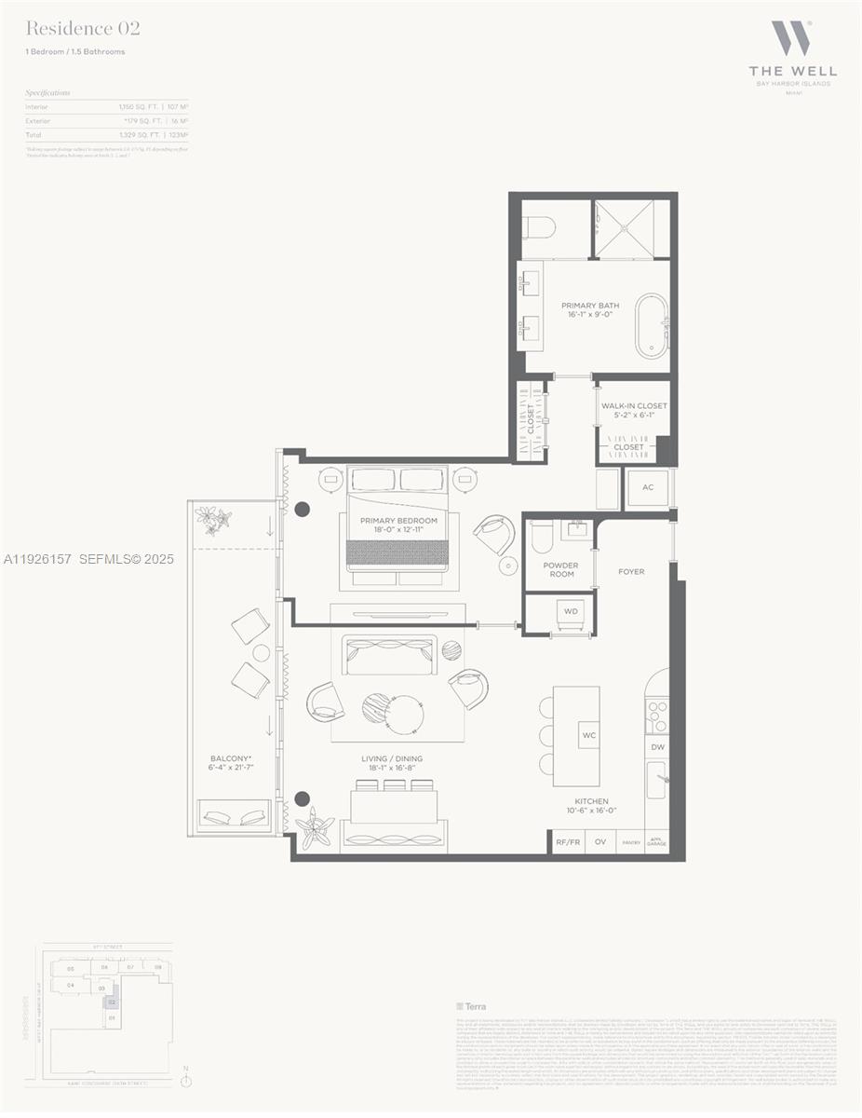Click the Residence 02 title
pos(83,30)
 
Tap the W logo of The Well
pos(791,38)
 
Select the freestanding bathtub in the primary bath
pos(651,326)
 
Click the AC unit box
pos(648,488)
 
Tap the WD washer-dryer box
pos(571,612)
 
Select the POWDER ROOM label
pos(560,569)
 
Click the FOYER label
pos(631,571)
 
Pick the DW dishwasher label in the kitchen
pos(657,747)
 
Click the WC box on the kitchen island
pos(588,735)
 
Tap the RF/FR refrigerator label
pos(567,841)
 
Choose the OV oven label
pos(600,841)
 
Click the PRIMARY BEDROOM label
pos(398,525)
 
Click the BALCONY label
pos(231,764)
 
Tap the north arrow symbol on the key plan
pos(186,1080)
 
